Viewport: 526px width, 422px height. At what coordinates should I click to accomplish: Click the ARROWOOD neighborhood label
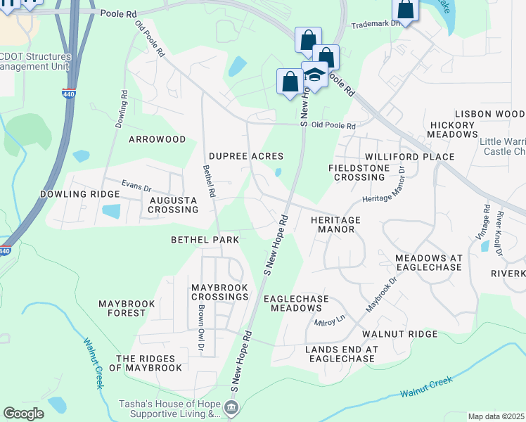[157, 139]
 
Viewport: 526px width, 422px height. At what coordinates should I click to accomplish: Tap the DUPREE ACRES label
[246, 156]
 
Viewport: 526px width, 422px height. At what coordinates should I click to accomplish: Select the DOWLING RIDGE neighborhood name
[70, 194]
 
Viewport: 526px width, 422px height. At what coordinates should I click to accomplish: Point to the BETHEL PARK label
[205, 240]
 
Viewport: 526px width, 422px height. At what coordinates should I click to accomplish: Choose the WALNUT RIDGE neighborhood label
[399, 334]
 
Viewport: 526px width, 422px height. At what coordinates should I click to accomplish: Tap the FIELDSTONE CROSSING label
[357, 172]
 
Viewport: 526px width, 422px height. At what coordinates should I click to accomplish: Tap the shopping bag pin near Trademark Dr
[406, 10]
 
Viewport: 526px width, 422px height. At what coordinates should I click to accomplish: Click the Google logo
[23, 413]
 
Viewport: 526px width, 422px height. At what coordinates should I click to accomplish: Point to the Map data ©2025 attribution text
[496, 416]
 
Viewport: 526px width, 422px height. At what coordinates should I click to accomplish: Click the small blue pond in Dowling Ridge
[111, 210]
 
